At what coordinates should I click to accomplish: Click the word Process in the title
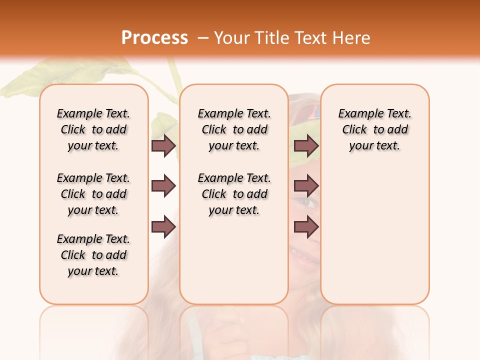click(154, 38)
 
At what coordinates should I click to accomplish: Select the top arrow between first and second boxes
click(163, 145)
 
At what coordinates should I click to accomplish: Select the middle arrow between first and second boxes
click(163, 186)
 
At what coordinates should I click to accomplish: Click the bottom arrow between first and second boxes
click(163, 227)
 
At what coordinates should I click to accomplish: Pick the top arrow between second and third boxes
click(306, 145)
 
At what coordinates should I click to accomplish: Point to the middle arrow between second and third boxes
click(306, 186)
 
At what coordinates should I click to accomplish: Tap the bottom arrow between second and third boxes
click(306, 227)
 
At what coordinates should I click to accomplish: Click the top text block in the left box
click(93, 129)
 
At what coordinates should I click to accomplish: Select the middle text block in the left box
click(93, 194)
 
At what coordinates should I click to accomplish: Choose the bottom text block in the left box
click(93, 255)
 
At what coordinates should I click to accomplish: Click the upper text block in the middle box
click(234, 129)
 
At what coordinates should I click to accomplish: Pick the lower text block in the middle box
click(234, 194)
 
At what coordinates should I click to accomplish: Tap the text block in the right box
click(374, 129)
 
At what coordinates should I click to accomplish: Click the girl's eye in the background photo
click(307, 202)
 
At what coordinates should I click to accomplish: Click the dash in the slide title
click(203, 38)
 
